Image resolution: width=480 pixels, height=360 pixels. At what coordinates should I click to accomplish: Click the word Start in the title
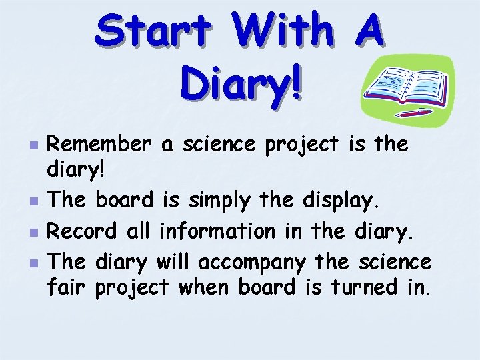(x=153, y=32)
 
